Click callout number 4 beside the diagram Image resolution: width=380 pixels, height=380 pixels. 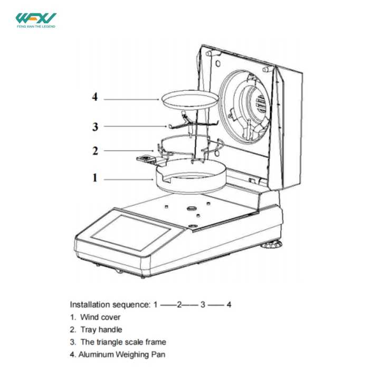click(x=94, y=97)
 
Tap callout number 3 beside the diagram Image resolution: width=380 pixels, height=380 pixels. click(x=95, y=126)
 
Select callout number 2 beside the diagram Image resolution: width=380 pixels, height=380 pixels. click(x=95, y=151)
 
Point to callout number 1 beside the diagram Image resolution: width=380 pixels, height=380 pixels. click(x=95, y=178)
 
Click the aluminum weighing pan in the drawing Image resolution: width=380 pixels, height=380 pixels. click(x=191, y=99)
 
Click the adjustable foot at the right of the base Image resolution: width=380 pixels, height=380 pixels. click(x=273, y=245)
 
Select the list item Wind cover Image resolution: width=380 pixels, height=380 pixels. click(x=100, y=317)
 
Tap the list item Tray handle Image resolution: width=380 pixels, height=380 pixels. click(x=101, y=330)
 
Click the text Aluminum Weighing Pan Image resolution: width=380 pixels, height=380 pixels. click(x=121, y=355)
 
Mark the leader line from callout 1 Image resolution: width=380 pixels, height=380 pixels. click(x=129, y=179)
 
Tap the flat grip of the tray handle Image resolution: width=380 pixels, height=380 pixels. click(x=144, y=158)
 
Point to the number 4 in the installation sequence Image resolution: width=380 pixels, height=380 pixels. click(x=229, y=305)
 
